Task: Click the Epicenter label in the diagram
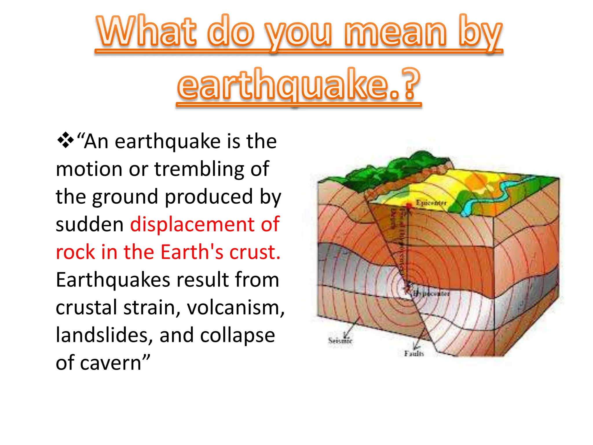[x=431, y=203]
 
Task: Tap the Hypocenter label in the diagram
[x=431, y=293]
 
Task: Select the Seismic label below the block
[x=340, y=340]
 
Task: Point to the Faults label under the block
[x=414, y=353]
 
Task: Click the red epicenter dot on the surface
[x=409, y=206]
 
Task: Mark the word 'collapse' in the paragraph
[x=237, y=335]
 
